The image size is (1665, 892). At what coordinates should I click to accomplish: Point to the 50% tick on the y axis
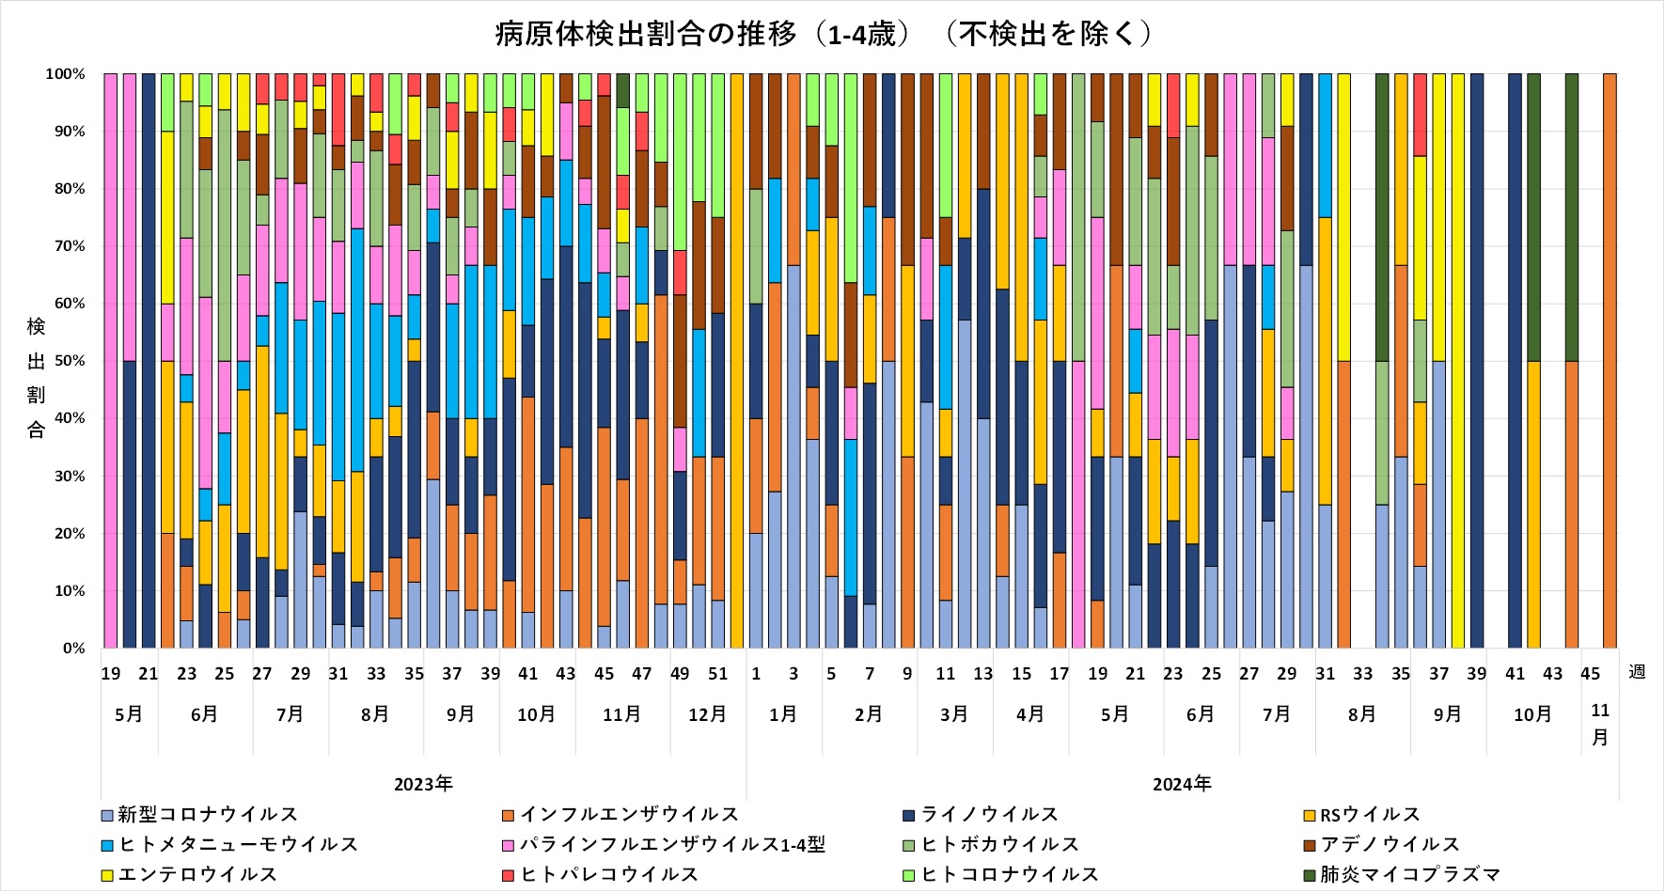66,361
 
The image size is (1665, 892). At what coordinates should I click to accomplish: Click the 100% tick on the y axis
64,74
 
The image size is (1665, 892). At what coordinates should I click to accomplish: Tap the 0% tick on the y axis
72,649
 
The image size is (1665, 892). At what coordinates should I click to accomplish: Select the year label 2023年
423,784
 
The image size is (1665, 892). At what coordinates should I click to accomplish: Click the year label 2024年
1182,784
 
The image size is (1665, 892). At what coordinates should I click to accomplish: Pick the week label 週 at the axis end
1636,672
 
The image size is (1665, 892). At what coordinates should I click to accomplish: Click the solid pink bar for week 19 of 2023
111,361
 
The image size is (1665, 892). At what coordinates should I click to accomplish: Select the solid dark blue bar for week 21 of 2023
149,361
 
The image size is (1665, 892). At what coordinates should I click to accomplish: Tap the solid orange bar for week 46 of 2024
1610,361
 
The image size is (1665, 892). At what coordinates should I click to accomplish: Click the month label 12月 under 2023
707,714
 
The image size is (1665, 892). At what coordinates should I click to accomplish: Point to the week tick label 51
718,674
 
